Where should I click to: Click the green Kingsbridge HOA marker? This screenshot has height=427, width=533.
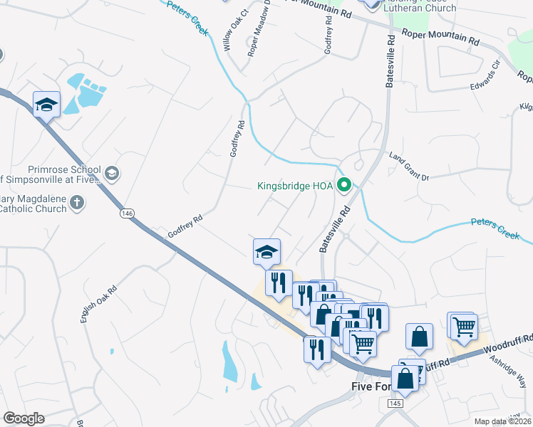(x=345, y=186)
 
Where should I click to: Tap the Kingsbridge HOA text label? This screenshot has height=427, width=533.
(x=295, y=186)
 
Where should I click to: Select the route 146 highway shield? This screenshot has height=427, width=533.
(x=127, y=213)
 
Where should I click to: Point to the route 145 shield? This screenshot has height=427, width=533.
(x=396, y=404)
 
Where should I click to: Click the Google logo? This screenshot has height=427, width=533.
(x=24, y=418)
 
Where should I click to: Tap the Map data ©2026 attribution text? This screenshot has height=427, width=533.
(x=503, y=421)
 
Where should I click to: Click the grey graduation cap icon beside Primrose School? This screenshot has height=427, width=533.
(x=112, y=173)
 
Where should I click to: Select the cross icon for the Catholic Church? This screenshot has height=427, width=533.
(x=76, y=204)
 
